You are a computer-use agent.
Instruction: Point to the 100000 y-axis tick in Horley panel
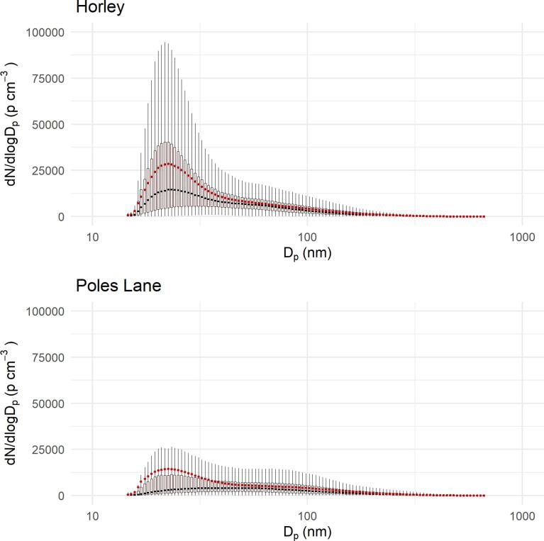pyautogui.click(x=45, y=32)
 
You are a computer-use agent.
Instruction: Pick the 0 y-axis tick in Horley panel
pyautogui.click(x=60, y=216)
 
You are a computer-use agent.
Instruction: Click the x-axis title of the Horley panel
pyautogui.click(x=307, y=252)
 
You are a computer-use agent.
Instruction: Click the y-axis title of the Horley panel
pyautogui.click(x=12, y=124)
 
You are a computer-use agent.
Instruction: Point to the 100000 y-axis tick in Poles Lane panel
pyautogui.click(x=45, y=311)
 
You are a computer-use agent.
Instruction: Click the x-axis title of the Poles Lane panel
pyautogui.click(x=307, y=532)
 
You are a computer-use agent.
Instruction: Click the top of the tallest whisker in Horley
pyautogui.click(x=165, y=43)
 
